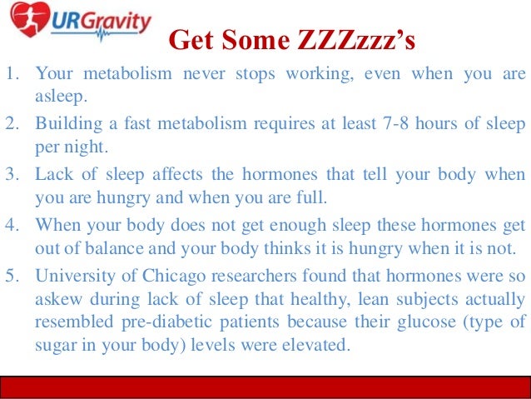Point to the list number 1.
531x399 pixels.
(x=12, y=74)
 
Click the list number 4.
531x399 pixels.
(x=12, y=222)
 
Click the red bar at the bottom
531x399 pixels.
(x=265, y=387)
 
